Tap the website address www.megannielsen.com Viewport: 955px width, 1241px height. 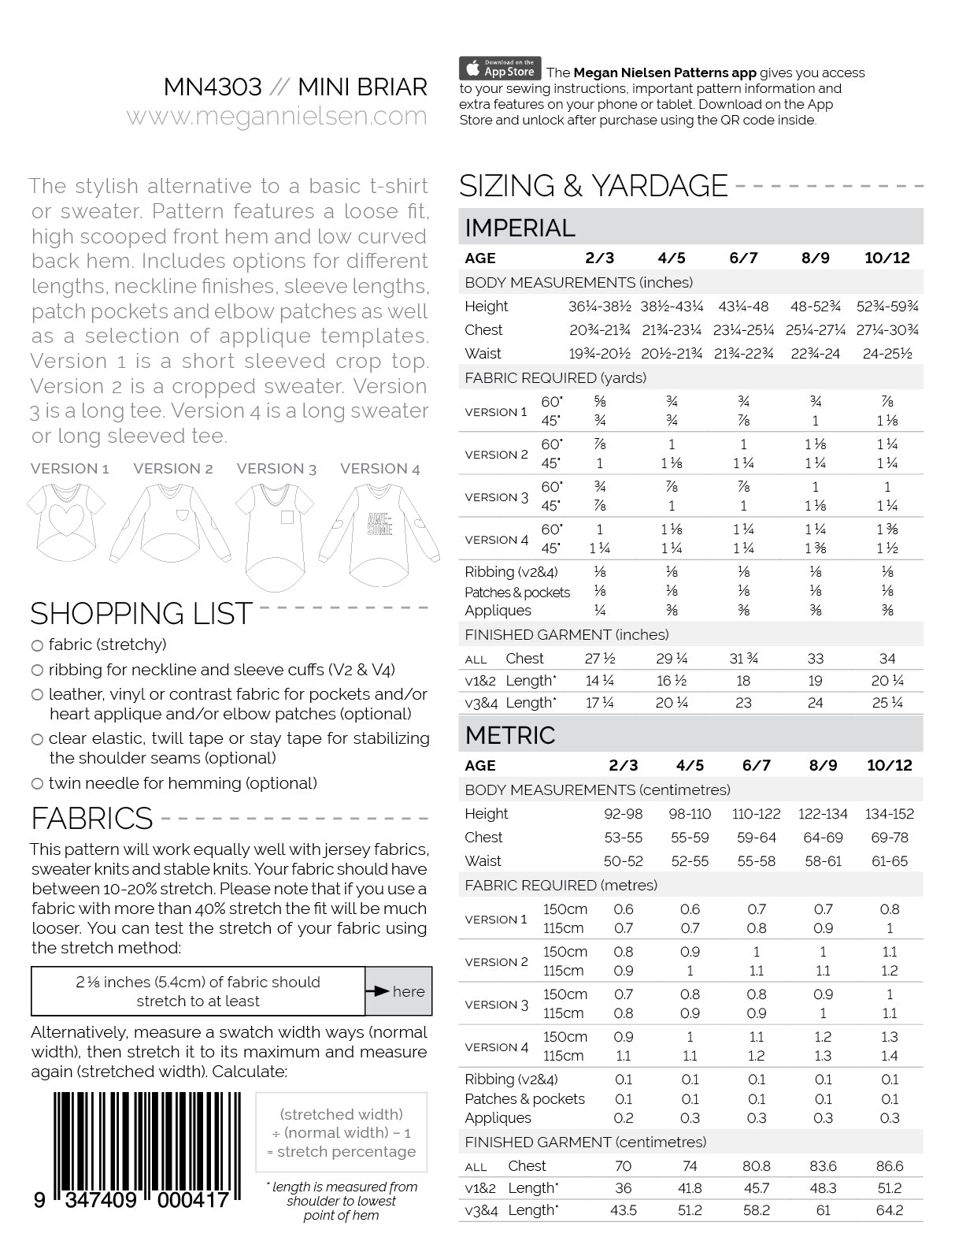[276, 117]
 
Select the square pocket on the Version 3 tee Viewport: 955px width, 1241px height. [287, 518]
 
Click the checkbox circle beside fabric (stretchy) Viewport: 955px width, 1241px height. [37, 645]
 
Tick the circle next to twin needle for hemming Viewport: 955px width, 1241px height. [37, 784]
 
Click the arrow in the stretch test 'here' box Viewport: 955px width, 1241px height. [379, 992]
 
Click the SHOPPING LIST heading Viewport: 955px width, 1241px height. [141, 614]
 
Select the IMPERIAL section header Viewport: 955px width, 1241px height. [520, 228]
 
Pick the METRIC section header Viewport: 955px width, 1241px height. [510, 735]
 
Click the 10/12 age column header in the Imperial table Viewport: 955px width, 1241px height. [887, 258]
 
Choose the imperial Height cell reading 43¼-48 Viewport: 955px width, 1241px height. [743, 307]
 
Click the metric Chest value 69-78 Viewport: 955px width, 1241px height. [890, 838]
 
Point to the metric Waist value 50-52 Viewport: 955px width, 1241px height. [624, 861]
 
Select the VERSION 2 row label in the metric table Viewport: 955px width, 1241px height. [496, 962]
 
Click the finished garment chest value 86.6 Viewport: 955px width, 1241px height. [890, 1166]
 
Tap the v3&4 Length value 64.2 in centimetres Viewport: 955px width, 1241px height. [890, 1210]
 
